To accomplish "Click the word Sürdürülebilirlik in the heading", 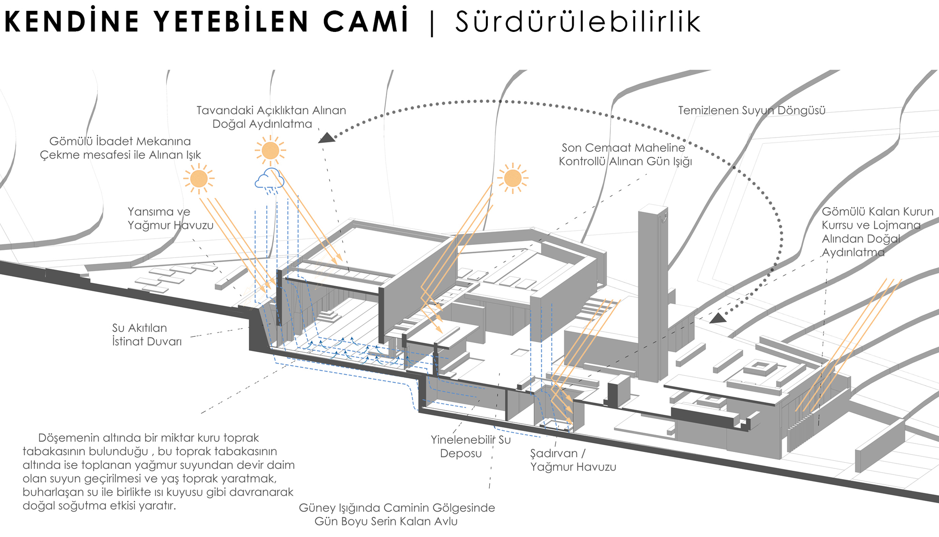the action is [x=578, y=22].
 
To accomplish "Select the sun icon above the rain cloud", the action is [x=270, y=151].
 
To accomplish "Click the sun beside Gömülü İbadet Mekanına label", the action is [x=199, y=179].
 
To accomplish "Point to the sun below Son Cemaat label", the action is [x=513, y=178].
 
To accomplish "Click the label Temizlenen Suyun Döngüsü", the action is [x=752, y=110].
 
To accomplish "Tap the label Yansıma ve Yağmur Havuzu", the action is [x=170, y=218].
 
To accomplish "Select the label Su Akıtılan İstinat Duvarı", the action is [x=147, y=335].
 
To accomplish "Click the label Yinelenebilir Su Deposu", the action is [x=470, y=446].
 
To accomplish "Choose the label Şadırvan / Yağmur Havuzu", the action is [x=573, y=460].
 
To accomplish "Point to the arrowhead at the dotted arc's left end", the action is [x=326, y=138].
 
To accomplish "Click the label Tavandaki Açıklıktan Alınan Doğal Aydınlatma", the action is [x=271, y=117].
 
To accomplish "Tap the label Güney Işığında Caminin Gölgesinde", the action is [x=397, y=508].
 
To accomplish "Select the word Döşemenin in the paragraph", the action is [x=69, y=438].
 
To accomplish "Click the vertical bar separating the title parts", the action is [x=432, y=22].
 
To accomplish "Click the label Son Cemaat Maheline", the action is [x=623, y=148].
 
